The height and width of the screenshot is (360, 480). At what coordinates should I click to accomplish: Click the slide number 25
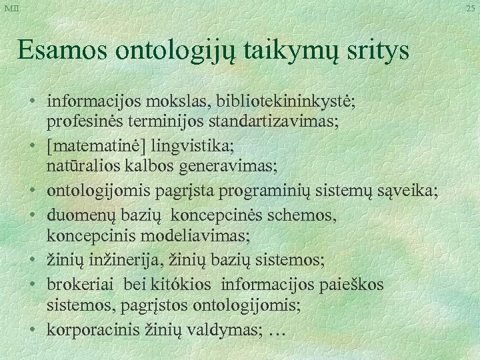tap(471, 8)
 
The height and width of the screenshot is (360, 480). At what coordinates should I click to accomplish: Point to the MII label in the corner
tap(11, 8)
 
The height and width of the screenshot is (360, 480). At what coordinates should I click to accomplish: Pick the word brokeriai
tap(75, 285)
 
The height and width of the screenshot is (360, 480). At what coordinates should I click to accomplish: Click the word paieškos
tap(357, 285)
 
